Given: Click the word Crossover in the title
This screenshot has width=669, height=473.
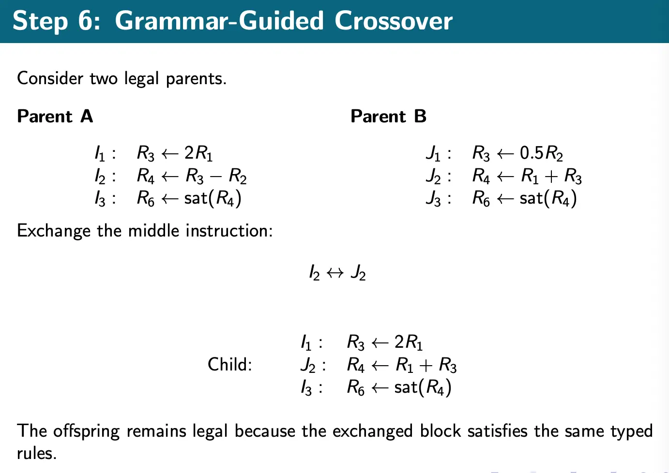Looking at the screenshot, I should point(393,21).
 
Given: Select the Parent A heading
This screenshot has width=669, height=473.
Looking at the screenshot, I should point(55,117).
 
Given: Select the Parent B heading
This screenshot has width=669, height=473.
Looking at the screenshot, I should point(388,117).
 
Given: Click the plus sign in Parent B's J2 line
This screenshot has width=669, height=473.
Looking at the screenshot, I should point(551,176).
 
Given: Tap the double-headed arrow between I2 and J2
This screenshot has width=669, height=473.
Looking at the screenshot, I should point(335,273).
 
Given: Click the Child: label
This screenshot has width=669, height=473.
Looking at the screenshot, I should point(230,364).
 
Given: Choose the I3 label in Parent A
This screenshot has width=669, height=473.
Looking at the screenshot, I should point(100,199).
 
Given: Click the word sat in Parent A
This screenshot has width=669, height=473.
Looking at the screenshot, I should point(196,198).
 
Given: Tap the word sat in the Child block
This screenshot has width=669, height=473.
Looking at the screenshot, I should point(406,387).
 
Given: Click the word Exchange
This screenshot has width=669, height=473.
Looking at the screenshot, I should point(54,231).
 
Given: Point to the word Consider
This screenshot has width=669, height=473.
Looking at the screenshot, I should point(50,78).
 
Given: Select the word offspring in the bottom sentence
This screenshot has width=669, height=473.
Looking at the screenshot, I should point(86,431).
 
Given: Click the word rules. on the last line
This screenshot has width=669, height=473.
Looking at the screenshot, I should point(37,453).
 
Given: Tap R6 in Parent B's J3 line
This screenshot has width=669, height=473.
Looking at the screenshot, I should point(481,198).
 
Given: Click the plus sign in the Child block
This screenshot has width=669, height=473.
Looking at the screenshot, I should point(426,365).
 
